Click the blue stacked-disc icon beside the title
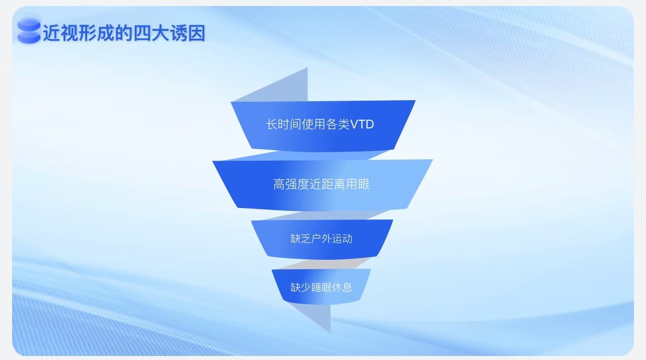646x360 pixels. coord(29,31)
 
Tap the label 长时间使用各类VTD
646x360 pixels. coord(320,124)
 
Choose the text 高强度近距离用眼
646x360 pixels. coord(321,184)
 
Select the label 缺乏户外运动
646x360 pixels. coord(321,239)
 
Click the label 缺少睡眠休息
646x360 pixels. coord(321,287)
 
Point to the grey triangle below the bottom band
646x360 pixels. coord(316,316)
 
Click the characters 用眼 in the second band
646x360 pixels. coord(358,184)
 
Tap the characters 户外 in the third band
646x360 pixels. coord(321,239)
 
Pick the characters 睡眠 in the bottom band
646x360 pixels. coord(321,287)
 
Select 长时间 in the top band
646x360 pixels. coord(283,124)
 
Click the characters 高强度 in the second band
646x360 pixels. coord(291,184)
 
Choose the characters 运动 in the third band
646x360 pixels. coord(342,239)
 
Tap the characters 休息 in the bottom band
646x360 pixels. coord(342,287)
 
